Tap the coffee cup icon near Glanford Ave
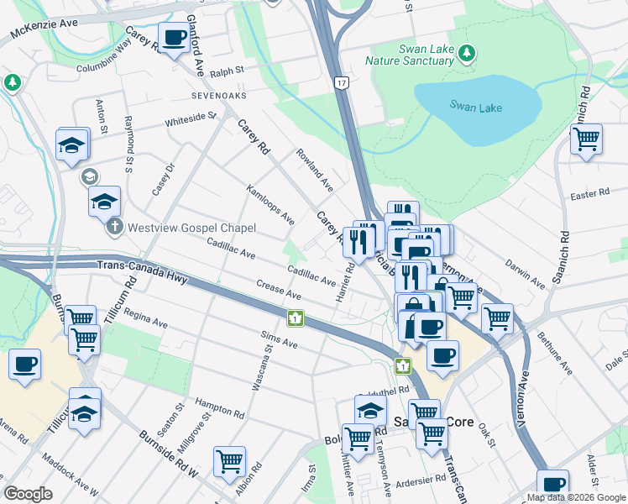point(174,38)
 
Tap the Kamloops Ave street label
point(270,205)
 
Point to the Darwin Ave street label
point(526,270)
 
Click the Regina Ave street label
point(145,318)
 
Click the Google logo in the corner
point(29,494)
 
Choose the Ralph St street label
point(227,72)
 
